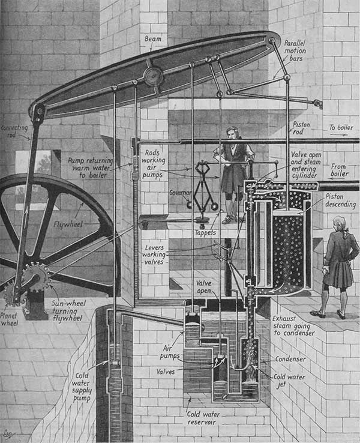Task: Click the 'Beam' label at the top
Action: pos(153,38)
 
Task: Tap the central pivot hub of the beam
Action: pos(153,76)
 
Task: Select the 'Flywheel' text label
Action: pos(68,225)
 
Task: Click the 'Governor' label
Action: pos(180,193)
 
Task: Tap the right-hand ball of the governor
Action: pos(215,206)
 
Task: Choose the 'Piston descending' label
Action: pos(340,200)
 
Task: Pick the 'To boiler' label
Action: pos(341,128)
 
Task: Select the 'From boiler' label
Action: pos(339,170)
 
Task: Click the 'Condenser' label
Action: pos(290,359)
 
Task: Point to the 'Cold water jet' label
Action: pos(289,381)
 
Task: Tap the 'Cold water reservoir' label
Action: pos(203,418)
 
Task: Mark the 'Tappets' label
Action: pos(206,233)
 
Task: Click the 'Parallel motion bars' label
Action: pos(295,51)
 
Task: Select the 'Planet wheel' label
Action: pos(9,319)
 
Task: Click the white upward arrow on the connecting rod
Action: pos(26,217)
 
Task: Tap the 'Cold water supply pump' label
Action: pos(82,387)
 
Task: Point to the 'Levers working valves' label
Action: pos(154,255)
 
